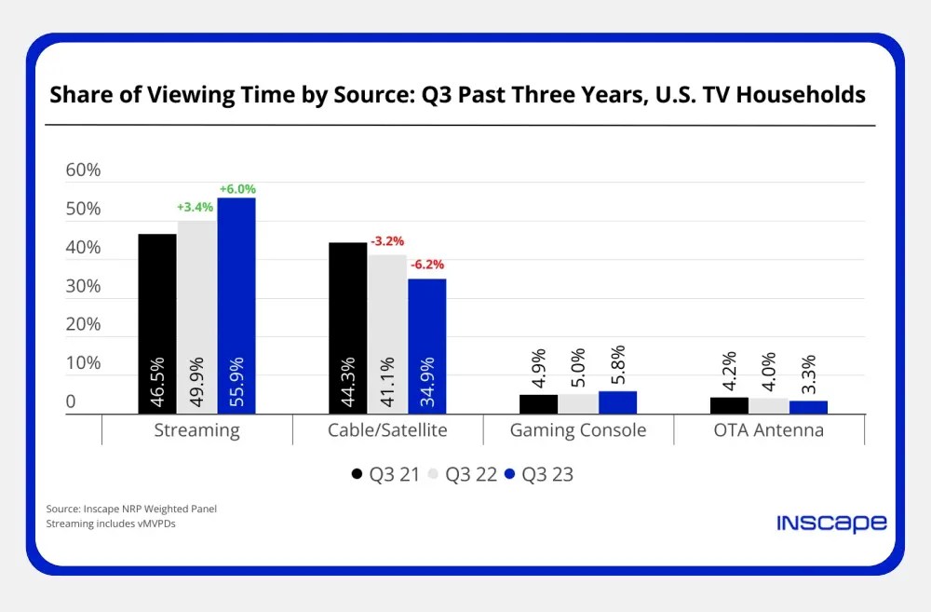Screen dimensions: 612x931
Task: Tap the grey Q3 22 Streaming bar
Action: (197, 317)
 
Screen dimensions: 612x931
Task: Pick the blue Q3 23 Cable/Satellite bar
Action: (427, 346)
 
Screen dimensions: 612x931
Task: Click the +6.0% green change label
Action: (236, 189)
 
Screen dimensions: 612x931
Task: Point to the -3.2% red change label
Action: (387, 242)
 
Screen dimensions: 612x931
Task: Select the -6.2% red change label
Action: (427, 265)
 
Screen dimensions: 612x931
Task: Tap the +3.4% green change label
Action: (196, 207)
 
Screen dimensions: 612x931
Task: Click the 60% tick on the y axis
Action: (83, 170)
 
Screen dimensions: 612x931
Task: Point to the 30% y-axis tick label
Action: (83, 286)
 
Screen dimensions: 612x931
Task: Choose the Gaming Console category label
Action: (578, 430)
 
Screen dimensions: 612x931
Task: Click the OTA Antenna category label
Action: (769, 430)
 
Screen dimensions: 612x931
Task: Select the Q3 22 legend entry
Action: (462, 474)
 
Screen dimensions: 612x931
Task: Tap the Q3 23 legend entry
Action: (539, 474)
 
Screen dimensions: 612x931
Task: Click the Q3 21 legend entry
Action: (385, 474)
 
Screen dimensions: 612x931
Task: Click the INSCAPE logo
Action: (831, 523)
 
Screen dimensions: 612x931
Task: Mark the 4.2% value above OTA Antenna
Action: (729, 371)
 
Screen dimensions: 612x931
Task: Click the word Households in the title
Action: (800, 95)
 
